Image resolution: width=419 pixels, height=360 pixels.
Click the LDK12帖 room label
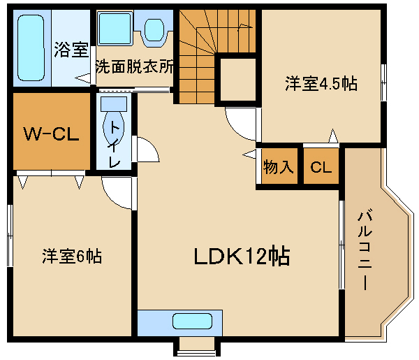point(242,257)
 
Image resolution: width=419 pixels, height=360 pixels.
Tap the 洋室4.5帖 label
point(321,84)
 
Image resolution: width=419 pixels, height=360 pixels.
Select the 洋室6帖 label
point(71,257)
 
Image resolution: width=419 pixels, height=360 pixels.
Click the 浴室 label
point(71,50)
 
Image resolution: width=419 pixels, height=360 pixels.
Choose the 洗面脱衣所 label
point(134,69)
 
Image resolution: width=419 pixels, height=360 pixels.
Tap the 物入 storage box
point(278,168)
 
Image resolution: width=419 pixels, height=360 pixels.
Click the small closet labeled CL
point(322,168)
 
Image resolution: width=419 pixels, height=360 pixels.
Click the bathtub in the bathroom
point(30,48)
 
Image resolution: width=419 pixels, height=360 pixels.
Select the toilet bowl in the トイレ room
point(112,129)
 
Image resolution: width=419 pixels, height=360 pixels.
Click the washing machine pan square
point(115,29)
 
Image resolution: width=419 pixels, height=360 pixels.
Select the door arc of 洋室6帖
point(115,189)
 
